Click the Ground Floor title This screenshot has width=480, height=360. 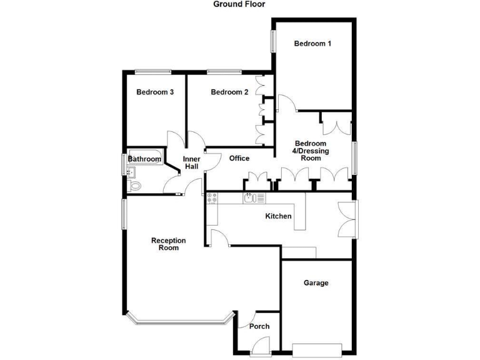coord(239,4)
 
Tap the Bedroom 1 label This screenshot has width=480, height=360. coord(312,44)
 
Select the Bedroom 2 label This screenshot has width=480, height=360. coord(229,92)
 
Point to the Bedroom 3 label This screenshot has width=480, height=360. coord(155,92)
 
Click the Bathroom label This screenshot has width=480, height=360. coord(144,159)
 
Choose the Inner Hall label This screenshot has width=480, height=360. coord(192,163)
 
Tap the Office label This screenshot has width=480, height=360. coord(239,159)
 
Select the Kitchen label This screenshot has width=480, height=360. coord(279,216)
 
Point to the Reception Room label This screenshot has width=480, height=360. coord(169,244)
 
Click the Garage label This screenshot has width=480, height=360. coord(316,283)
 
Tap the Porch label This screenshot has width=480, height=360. coord(259,327)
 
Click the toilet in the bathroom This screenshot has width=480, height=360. coord(135,186)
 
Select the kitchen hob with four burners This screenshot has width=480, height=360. coord(212,198)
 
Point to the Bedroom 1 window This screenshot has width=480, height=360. coord(273,41)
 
